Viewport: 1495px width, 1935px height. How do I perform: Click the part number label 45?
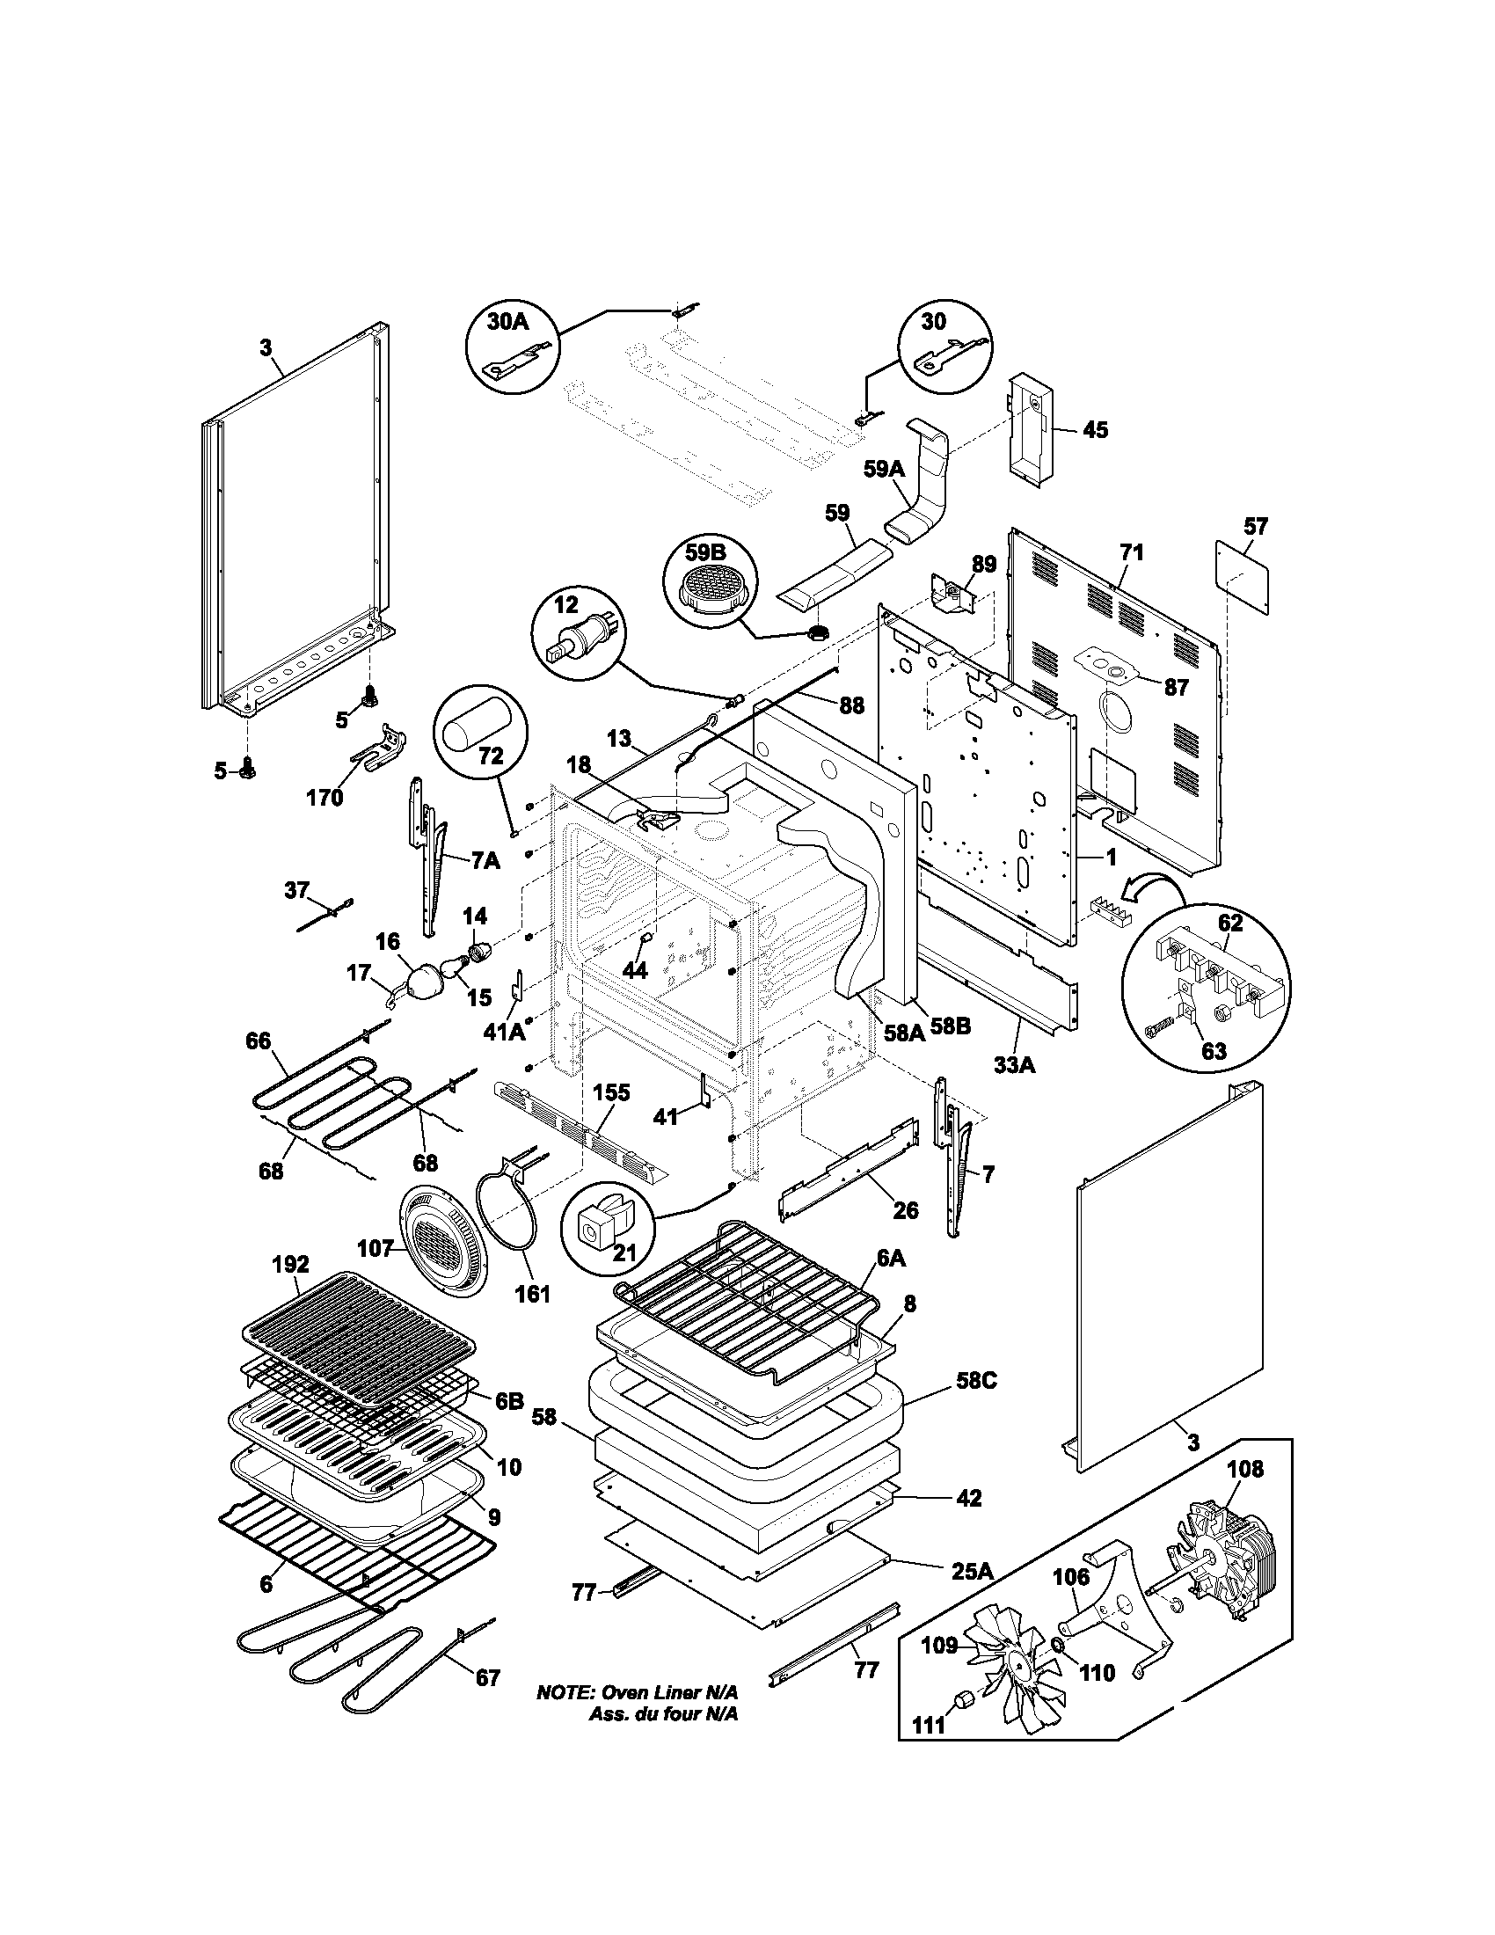tap(1096, 430)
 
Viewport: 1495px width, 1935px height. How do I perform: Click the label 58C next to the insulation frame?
tap(975, 1380)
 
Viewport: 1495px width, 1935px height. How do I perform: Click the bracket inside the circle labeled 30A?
tap(517, 360)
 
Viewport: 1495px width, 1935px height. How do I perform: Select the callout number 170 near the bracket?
tap(325, 798)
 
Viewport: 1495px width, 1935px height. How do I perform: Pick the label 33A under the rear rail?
tap(1014, 1064)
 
